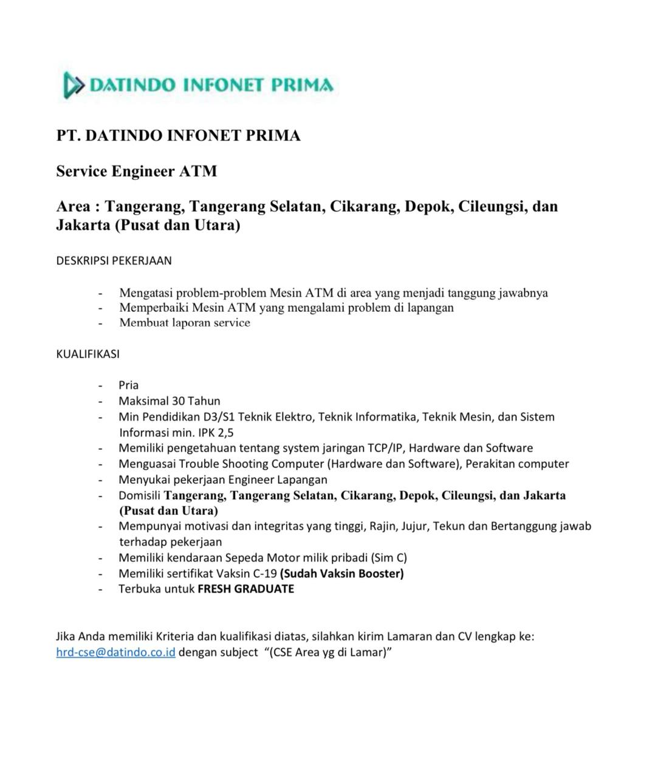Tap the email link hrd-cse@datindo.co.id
tap(115, 652)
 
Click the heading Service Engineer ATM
tap(136, 171)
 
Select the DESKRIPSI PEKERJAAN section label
tap(114, 261)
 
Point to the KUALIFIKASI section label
tap(87, 354)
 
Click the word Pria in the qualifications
tap(128, 385)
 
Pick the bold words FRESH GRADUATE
tap(245, 589)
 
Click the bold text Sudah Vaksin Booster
tap(341, 573)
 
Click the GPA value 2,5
tap(225, 433)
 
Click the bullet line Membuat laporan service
tap(184, 323)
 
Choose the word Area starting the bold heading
tap(74, 207)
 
